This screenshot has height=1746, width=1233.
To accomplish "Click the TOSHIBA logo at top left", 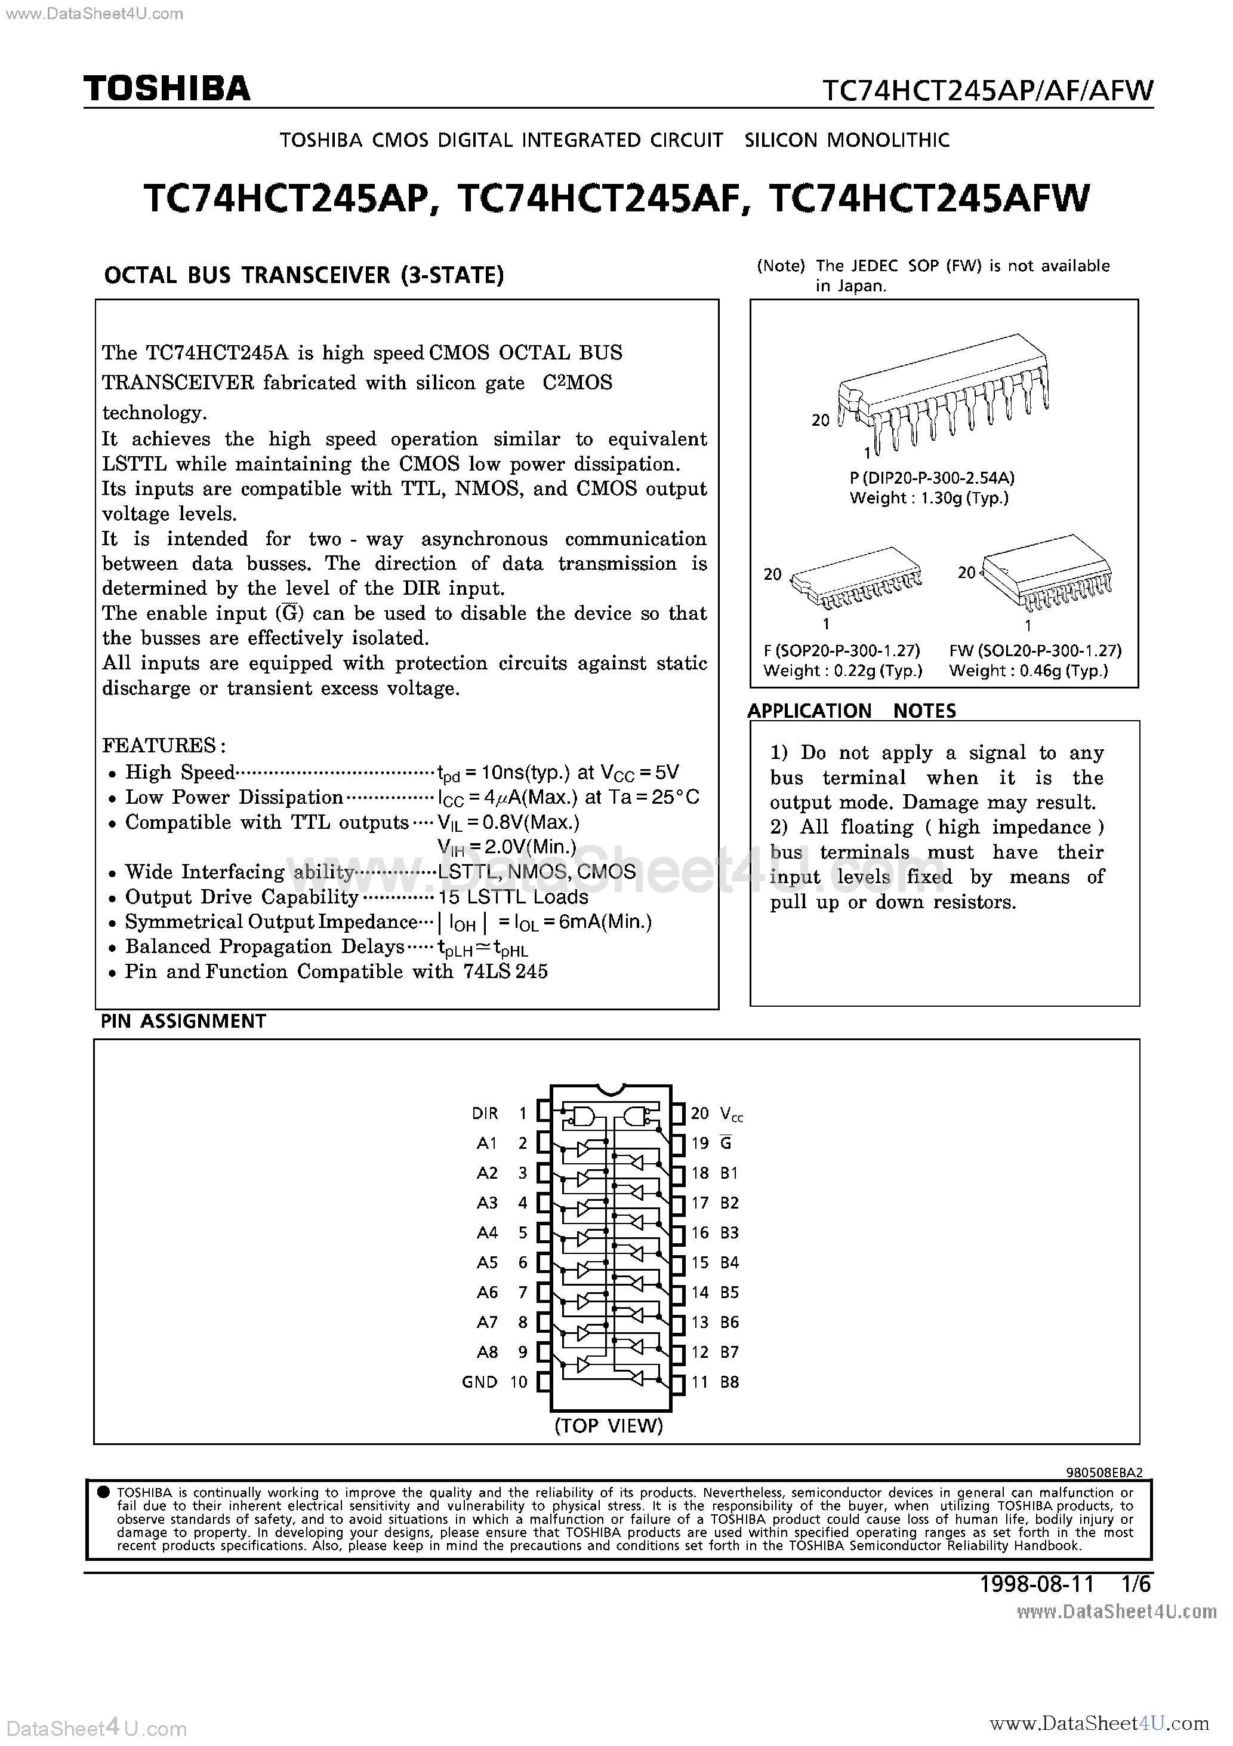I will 167,90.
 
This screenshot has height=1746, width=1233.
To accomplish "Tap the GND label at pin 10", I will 479,1382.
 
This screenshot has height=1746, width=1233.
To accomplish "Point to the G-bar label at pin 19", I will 726,1143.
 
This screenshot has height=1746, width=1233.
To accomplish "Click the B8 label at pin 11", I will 729,1382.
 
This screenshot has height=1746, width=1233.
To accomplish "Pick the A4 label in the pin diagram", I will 486,1232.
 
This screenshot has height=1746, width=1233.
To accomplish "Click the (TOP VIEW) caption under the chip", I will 609,1425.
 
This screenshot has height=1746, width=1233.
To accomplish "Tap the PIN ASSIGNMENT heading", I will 183,1021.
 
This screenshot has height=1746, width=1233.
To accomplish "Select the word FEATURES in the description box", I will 159,745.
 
